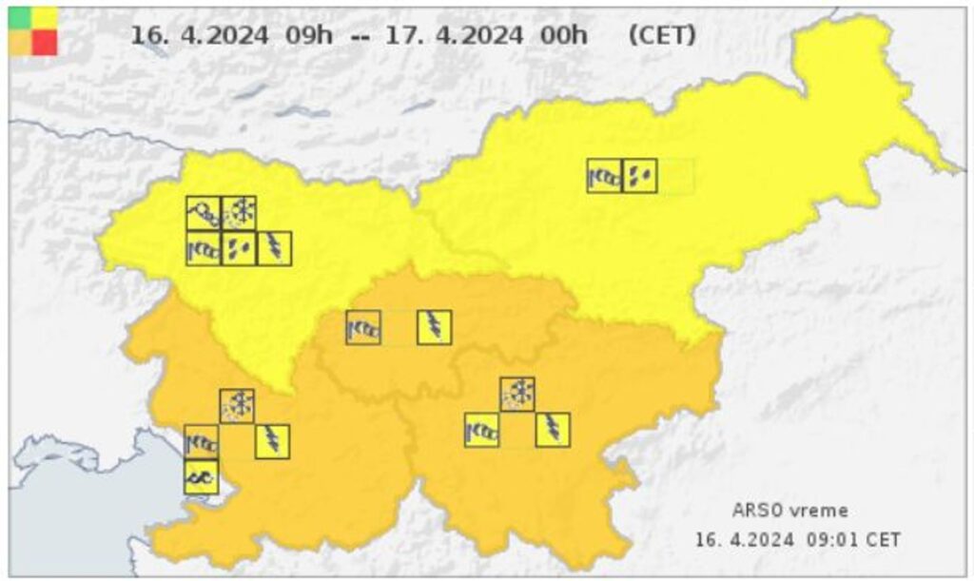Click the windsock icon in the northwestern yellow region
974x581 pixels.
(204, 248)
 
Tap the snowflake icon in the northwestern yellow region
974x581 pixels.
(239, 213)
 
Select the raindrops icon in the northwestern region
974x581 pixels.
(239, 248)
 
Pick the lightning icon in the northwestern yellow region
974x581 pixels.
(274, 248)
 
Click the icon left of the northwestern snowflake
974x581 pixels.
(204, 213)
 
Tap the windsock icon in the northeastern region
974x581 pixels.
(604, 176)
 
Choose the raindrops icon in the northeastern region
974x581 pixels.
(639, 176)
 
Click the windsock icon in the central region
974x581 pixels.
(363, 328)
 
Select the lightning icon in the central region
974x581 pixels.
(434, 328)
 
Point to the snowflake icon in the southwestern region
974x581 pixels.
(237, 406)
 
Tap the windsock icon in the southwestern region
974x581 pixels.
(202, 441)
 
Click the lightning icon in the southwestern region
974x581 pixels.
(272, 441)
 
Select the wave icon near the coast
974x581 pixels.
(202, 476)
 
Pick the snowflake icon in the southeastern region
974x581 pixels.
(517, 394)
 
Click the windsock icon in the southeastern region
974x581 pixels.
(482, 430)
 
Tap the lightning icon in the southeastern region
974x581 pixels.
(553, 430)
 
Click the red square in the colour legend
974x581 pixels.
(45, 42)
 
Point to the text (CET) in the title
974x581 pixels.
(662, 35)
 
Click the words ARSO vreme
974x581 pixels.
(776, 510)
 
